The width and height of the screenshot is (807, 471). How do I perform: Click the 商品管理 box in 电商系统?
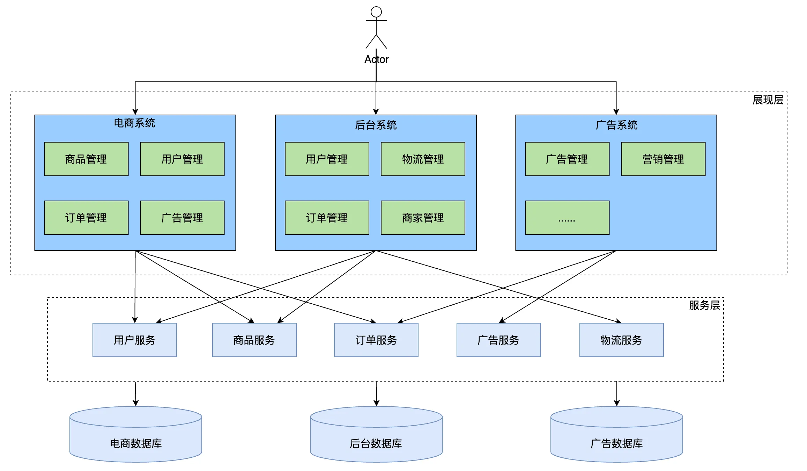[86, 159]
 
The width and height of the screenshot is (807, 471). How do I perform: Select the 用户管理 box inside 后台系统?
[327, 159]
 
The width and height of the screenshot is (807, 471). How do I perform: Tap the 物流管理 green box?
[423, 159]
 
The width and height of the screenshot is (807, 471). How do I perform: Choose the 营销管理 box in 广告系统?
[663, 159]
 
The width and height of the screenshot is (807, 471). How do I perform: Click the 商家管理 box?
[423, 218]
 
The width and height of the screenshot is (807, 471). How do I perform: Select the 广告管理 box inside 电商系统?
[182, 218]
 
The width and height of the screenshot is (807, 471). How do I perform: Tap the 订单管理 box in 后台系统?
[327, 218]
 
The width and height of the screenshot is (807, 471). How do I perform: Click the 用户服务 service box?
[135, 340]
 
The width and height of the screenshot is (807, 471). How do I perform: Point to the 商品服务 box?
[254, 340]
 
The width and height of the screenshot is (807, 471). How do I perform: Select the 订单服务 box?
[376, 340]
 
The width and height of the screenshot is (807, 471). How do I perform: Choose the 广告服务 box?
[499, 340]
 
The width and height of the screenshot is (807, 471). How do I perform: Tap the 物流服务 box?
[622, 340]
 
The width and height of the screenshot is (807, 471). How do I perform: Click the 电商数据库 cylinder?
[136, 434]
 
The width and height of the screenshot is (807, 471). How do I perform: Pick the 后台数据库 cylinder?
[376, 434]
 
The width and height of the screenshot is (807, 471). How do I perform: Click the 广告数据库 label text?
[617, 443]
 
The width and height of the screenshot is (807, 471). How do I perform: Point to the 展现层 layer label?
[768, 100]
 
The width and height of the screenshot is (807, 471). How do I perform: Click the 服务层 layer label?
[704, 305]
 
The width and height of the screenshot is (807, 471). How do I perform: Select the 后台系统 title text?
[376, 125]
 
